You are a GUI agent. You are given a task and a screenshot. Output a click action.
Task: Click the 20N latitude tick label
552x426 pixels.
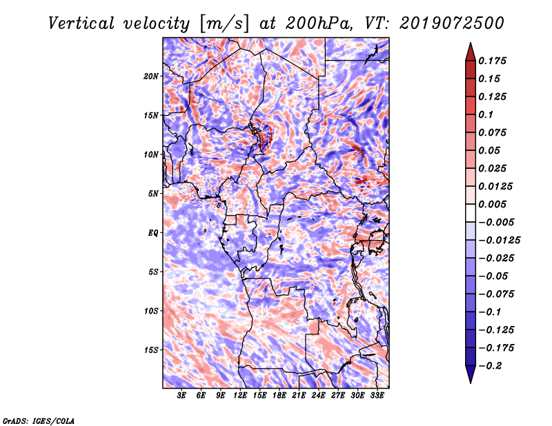pos(150,77)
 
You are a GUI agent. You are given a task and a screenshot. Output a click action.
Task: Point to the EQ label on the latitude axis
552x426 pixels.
pos(153,233)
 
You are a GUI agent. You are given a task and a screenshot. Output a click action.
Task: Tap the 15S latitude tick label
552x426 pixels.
pos(151,350)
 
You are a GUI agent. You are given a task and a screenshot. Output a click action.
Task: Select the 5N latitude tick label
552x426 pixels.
pos(153,194)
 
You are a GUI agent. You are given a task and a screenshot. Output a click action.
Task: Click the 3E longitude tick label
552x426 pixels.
pos(181,396)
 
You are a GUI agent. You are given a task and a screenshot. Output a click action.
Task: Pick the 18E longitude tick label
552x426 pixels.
pos(279,396)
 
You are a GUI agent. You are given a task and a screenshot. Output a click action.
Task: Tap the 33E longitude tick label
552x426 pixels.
pos(377,396)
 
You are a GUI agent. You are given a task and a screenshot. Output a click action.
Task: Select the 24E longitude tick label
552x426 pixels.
pos(318,396)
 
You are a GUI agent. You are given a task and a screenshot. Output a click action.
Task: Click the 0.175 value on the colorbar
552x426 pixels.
pos(492,61)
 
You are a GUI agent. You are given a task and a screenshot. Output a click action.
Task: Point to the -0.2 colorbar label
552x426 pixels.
pos(490,366)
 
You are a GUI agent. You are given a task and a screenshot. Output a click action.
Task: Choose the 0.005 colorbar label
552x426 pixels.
pos(492,204)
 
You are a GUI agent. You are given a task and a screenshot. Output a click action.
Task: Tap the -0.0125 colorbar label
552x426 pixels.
pos(499,241)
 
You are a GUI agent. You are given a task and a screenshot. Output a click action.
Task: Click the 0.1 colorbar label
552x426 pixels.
pos(486,114)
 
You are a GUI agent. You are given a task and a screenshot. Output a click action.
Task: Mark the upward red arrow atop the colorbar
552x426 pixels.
pos(471,52)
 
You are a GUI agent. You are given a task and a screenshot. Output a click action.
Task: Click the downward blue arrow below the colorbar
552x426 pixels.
pos(471,374)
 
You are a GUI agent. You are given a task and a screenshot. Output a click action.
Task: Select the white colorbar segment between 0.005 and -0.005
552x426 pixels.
pos(471,213)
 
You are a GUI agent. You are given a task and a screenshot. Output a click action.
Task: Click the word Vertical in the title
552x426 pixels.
pos(81,23)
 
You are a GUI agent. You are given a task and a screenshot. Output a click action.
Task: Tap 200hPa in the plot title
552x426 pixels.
pos(318,23)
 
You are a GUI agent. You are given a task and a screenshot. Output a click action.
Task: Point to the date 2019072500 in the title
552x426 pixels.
pos(452,23)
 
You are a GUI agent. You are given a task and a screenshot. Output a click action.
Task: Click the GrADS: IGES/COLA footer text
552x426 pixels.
pos(39,421)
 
